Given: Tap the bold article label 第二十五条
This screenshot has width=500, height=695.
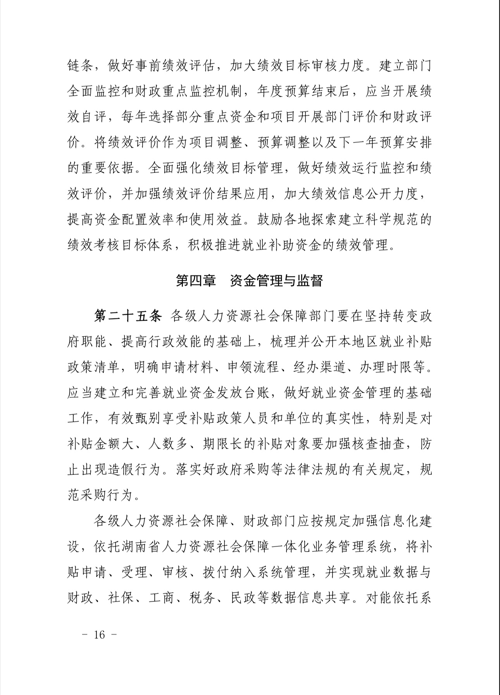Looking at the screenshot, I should pyautogui.click(x=128, y=316).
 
